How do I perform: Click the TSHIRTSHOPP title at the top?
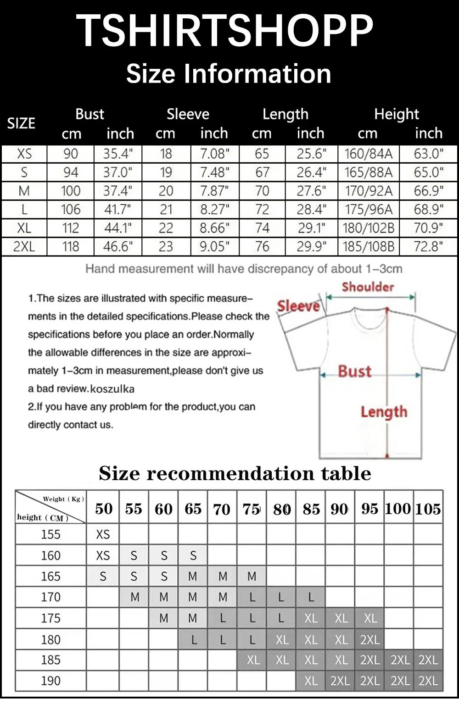tap(224, 31)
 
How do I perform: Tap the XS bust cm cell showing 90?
tap(71, 154)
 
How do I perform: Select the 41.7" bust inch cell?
tap(118, 210)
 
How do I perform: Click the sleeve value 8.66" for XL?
tap(214, 228)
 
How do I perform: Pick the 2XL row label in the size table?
tap(24, 247)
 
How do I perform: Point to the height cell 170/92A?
tap(369, 191)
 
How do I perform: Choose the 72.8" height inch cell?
tap(428, 247)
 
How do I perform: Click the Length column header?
tap(285, 114)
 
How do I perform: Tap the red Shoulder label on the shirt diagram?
tap(368, 287)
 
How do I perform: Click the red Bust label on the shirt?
tap(354, 371)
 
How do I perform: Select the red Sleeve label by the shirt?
tap(298, 306)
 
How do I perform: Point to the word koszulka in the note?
tap(112, 389)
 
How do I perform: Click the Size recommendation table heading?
tap(235, 473)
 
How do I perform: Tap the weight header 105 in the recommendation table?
tap(428, 509)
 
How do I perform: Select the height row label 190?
tap(50, 681)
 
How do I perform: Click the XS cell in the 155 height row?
tap(103, 534)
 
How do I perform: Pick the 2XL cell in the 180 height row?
tap(369, 640)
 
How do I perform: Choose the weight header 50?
tap(104, 509)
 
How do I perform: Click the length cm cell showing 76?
tap(262, 247)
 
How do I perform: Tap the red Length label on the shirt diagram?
tap(384, 412)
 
